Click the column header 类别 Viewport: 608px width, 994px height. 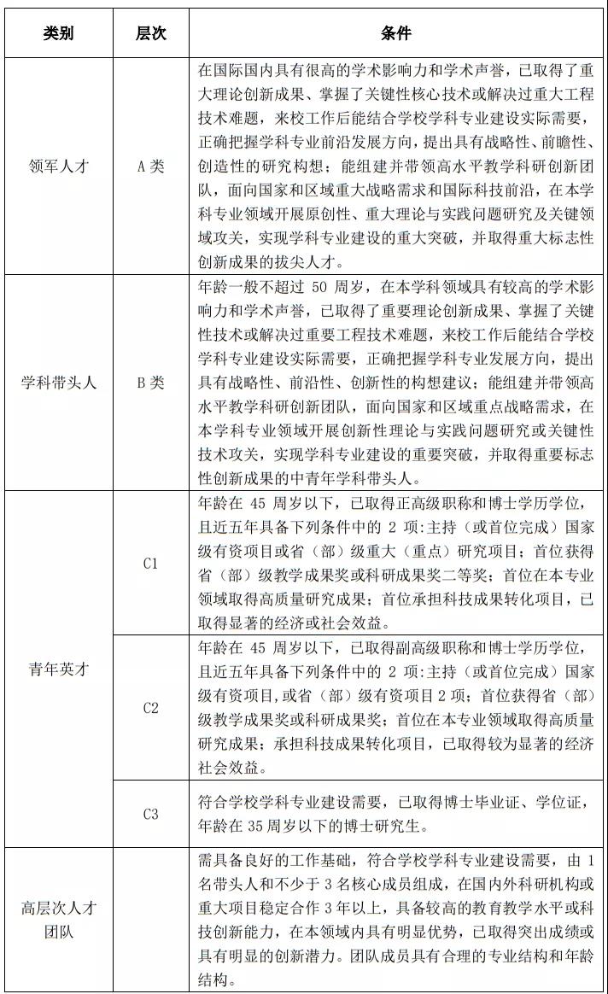coord(59,33)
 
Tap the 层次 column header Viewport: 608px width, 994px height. coord(151,33)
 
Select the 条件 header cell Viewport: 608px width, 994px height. coord(395,33)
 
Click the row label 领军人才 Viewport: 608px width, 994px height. coord(59,167)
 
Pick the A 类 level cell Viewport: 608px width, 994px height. coord(151,167)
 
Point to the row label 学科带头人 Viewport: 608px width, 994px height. coord(59,383)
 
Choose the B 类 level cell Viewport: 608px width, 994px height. coord(151,383)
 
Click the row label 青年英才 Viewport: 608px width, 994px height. coord(59,669)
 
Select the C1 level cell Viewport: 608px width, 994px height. coord(151,564)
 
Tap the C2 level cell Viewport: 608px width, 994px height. coord(151,707)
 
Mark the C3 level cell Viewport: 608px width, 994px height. coord(151,814)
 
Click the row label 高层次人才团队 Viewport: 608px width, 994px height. coord(59,919)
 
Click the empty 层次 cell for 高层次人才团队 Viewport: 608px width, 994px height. coord(151,919)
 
